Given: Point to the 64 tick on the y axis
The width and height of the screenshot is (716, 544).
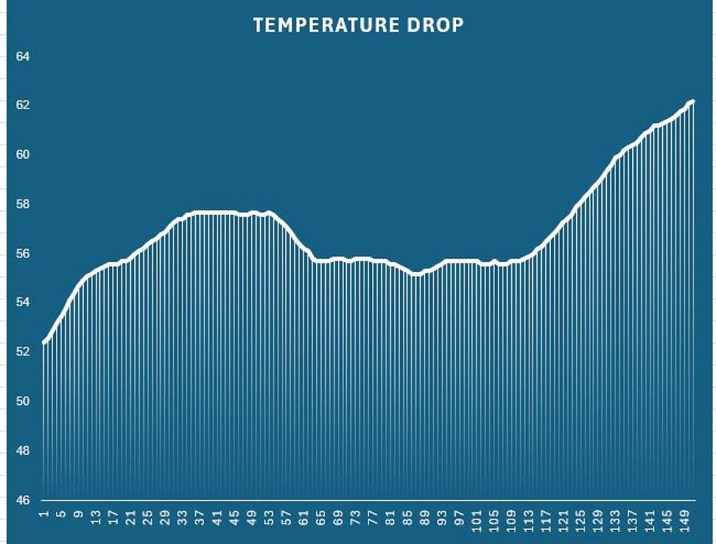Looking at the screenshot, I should (22, 56).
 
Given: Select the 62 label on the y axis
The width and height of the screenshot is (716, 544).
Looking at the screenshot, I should (22, 105).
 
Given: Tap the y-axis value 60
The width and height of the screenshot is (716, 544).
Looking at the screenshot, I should (22, 155).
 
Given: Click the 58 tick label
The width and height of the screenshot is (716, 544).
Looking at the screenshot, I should (22, 204).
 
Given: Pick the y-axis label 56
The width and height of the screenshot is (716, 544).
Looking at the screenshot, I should (22, 253).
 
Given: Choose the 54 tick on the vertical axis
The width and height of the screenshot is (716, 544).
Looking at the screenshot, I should (22, 303).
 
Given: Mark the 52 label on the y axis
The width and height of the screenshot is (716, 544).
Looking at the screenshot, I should (22, 352).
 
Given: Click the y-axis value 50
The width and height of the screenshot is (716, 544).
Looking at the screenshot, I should (22, 401).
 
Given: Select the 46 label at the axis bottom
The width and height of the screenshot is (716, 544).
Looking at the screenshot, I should (22, 500).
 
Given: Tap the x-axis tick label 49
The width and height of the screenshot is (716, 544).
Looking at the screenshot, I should (252, 518).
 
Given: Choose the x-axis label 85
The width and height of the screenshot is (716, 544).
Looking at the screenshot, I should (408, 518).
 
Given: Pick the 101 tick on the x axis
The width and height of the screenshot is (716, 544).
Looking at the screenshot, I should (477, 521).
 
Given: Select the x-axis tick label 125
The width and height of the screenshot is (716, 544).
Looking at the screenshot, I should (580, 521).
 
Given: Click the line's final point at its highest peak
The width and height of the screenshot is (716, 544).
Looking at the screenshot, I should (692, 102).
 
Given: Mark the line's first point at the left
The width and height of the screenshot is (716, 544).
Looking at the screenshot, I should (44, 342).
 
